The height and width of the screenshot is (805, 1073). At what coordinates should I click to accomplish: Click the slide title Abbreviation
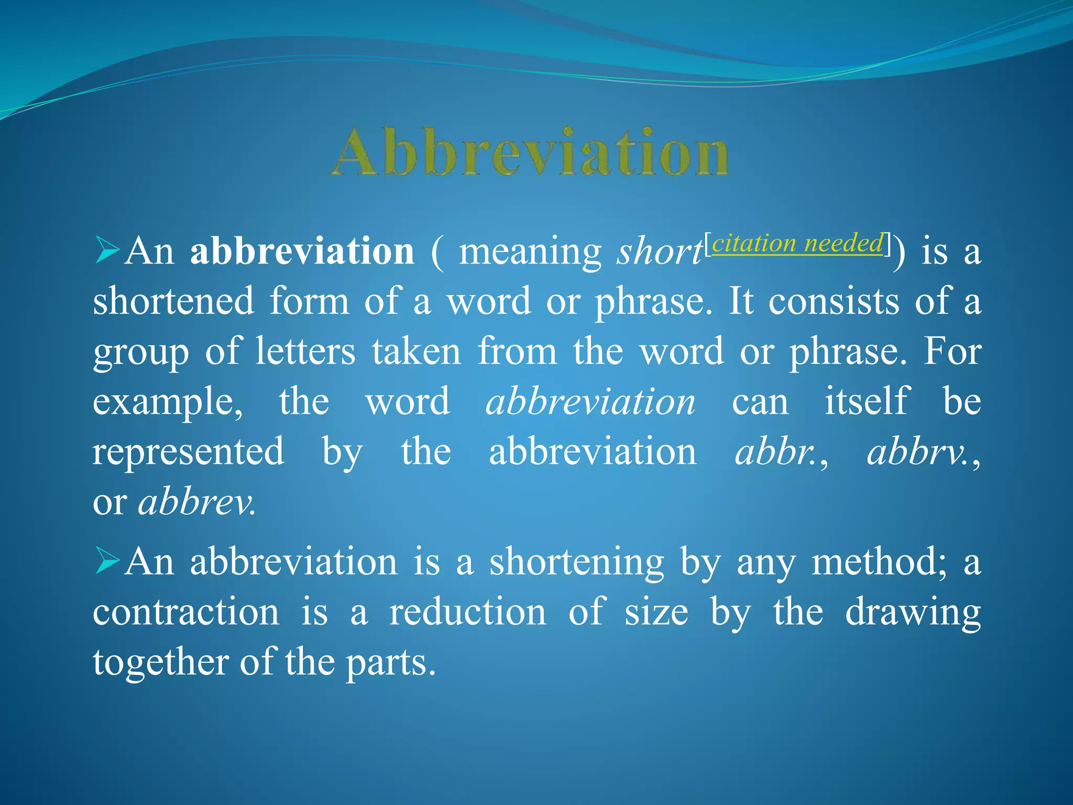(x=530, y=152)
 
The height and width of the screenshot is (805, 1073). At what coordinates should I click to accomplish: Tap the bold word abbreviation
(x=302, y=252)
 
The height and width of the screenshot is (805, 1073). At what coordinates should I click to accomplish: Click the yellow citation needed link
(x=797, y=244)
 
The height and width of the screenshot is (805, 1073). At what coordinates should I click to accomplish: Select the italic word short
(x=660, y=252)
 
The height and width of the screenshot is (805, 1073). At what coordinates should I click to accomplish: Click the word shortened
(x=173, y=302)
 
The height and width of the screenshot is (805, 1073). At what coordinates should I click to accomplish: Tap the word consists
(x=834, y=302)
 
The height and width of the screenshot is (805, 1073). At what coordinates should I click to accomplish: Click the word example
(x=168, y=402)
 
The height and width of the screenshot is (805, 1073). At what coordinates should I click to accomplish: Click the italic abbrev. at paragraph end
(x=197, y=502)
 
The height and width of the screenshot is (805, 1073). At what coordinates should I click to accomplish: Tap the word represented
(x=189, y=452)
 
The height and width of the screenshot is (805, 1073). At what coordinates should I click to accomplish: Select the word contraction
(x=186, y=612)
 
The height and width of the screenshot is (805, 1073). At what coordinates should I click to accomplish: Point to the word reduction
(x=467, y=612)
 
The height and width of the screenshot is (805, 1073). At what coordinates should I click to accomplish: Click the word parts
(x=390, y=663)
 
